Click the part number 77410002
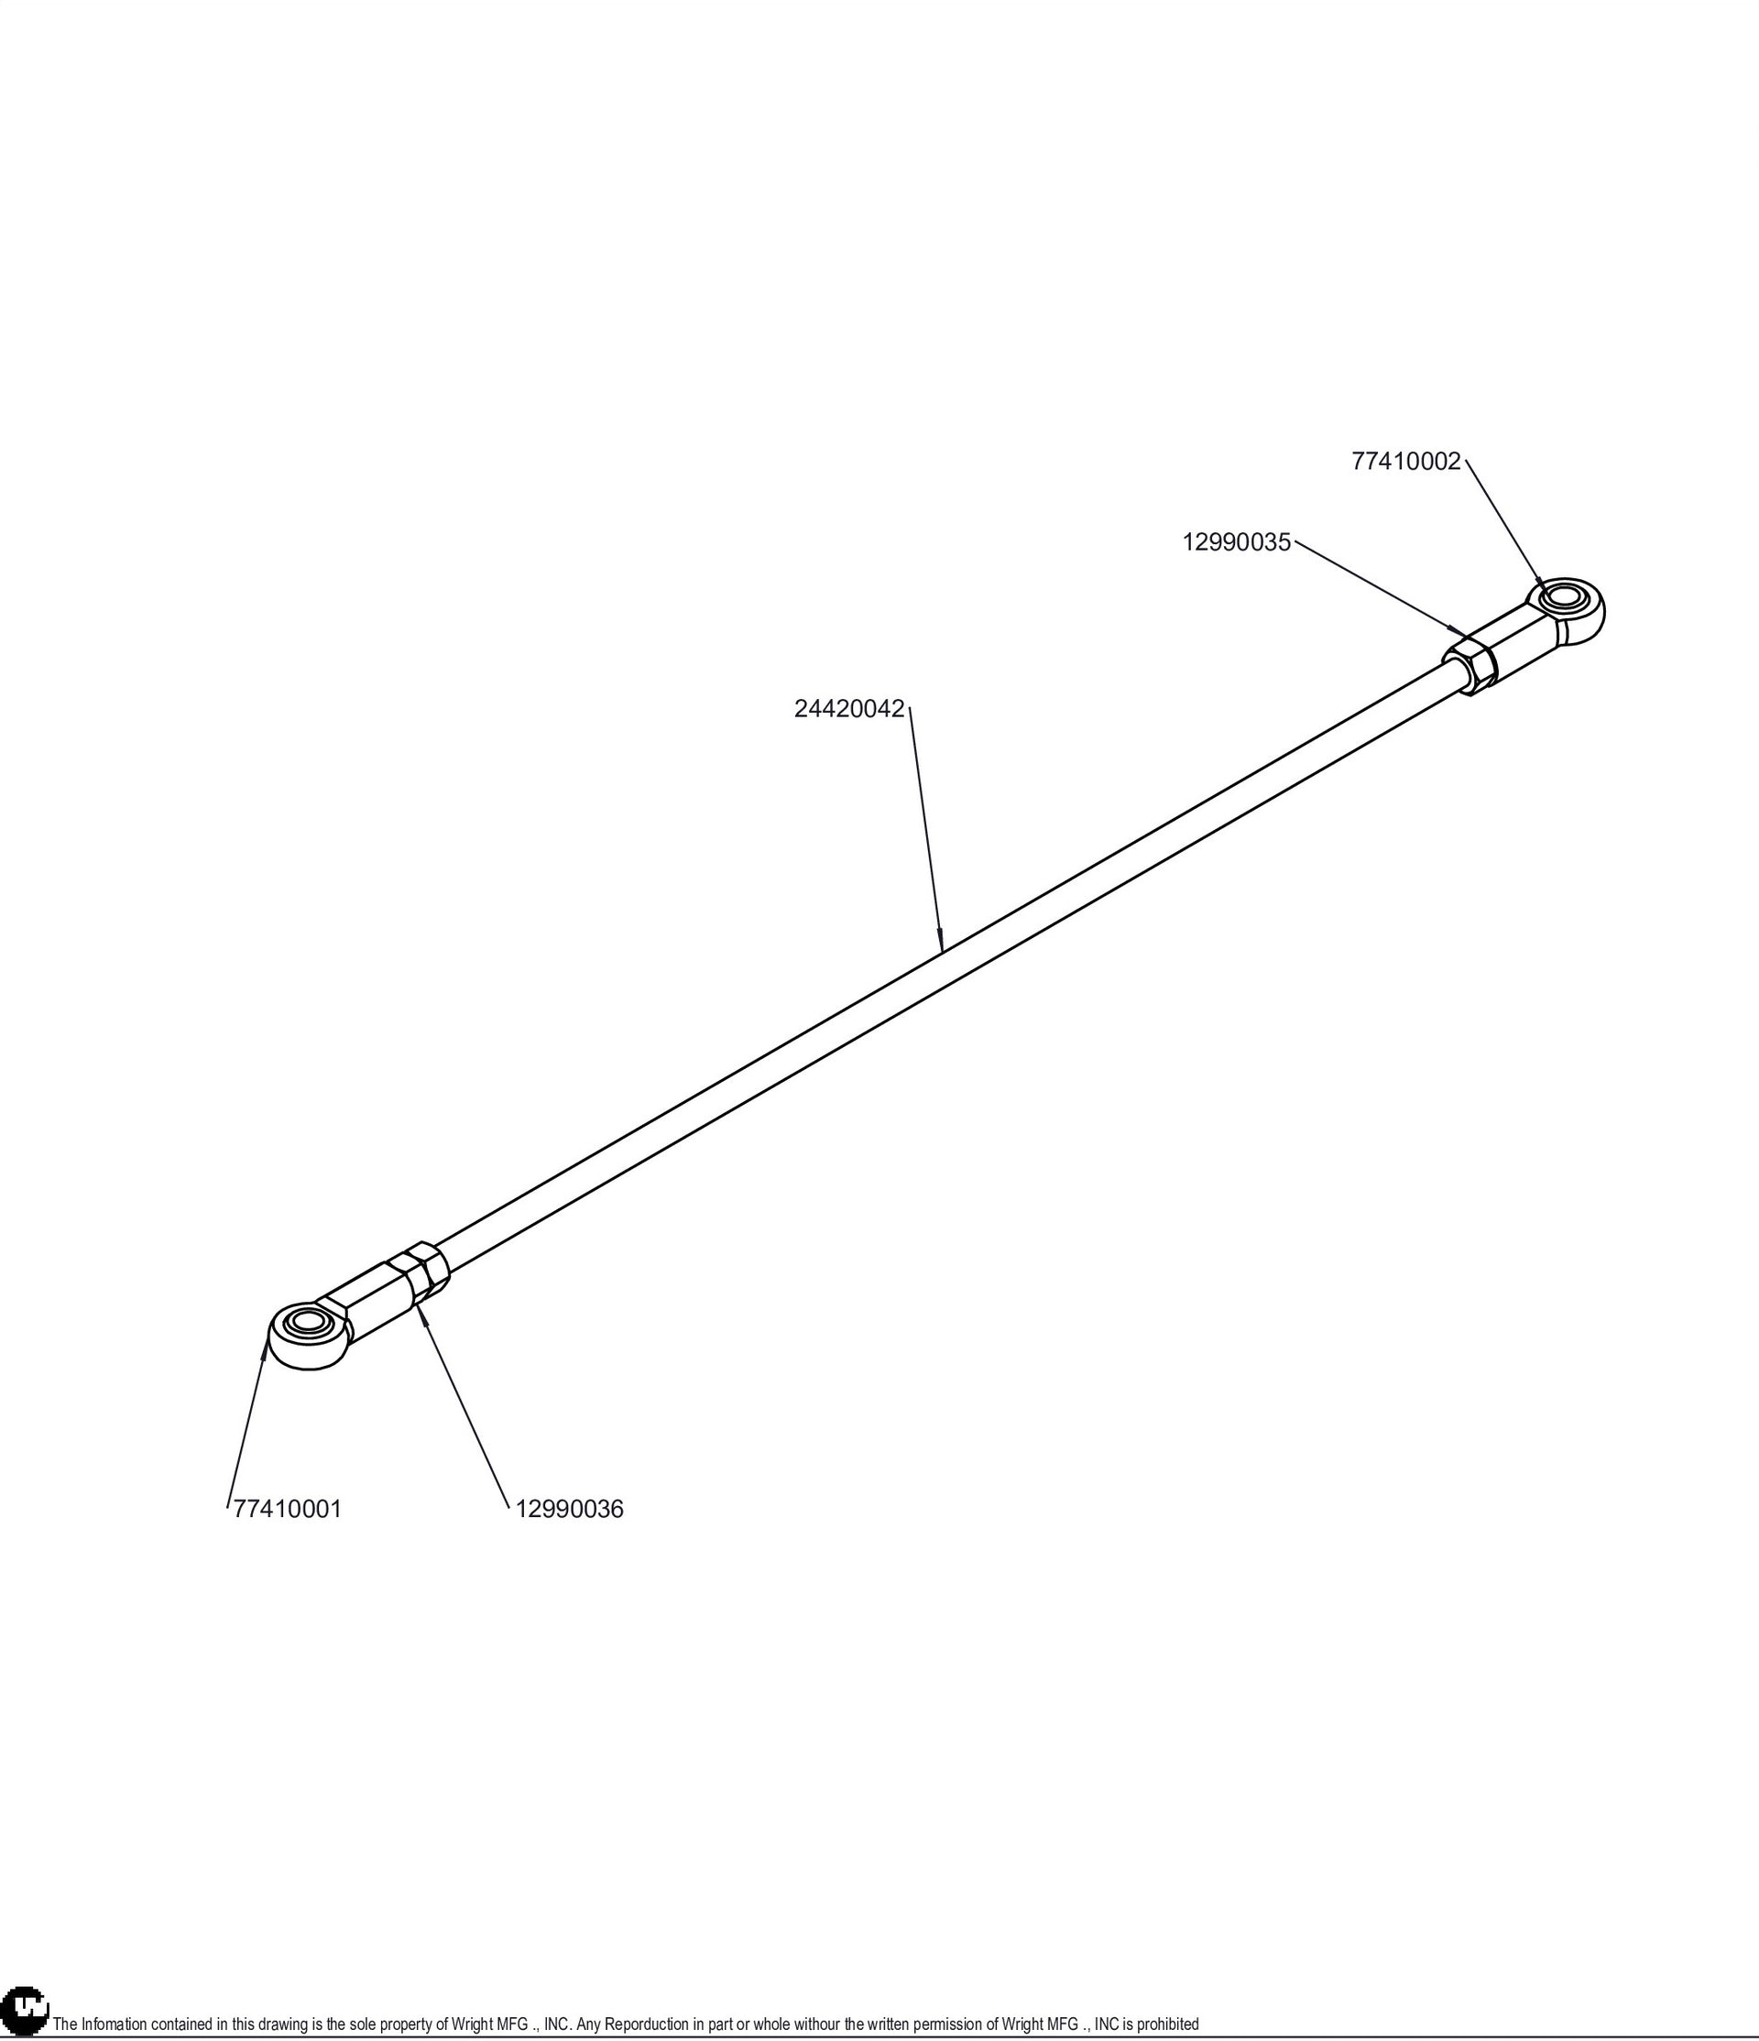(x=1405, y=462)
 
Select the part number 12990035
(x=1236, y=542)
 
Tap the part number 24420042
(x=849, y=709)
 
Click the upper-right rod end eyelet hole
(x=1562, y=598)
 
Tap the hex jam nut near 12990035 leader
(x=1470, y=665)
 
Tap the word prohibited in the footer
(x=1168, y=2025)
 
